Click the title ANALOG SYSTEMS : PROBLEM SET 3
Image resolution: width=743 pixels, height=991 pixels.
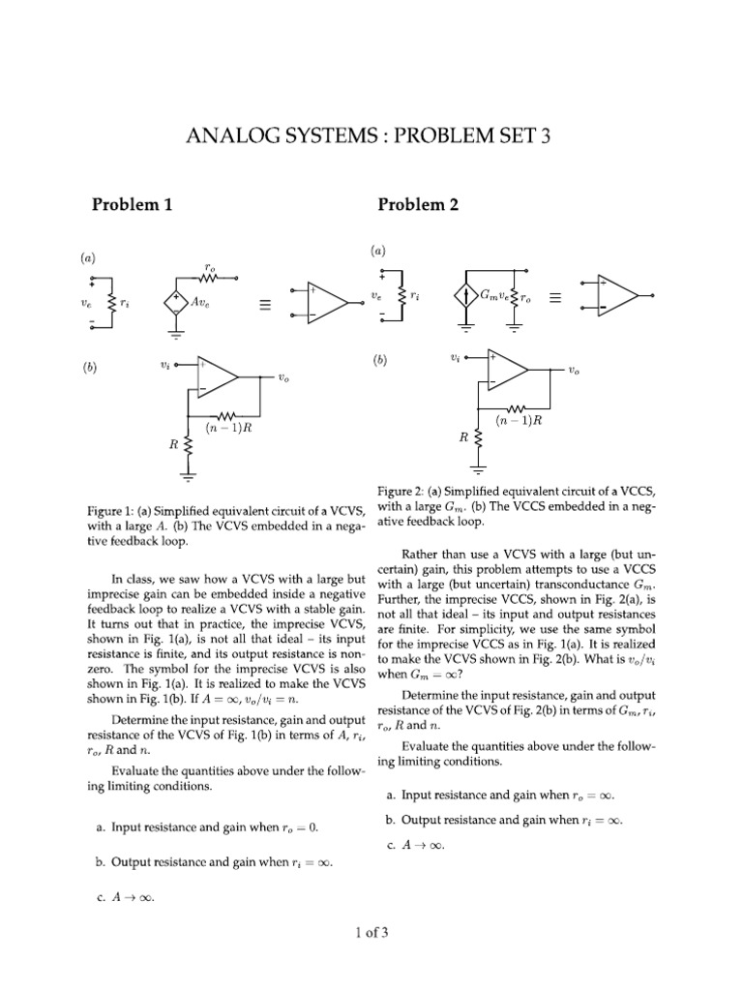point(371,136)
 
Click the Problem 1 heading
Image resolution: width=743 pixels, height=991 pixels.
point(132,204)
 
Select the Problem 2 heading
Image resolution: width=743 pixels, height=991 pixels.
point(418,204)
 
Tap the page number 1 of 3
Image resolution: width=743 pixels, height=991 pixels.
point(371,933)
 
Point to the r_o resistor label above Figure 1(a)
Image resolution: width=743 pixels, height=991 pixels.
point(210,264)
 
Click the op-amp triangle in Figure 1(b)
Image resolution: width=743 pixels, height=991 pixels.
point(217,376)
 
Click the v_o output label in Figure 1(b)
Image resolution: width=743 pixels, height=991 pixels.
point(282,378)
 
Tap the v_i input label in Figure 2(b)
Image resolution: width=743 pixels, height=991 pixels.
point(456,357)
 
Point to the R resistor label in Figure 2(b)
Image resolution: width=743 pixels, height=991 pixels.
point(464,436)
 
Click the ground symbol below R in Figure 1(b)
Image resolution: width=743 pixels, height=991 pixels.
point(189,475)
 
